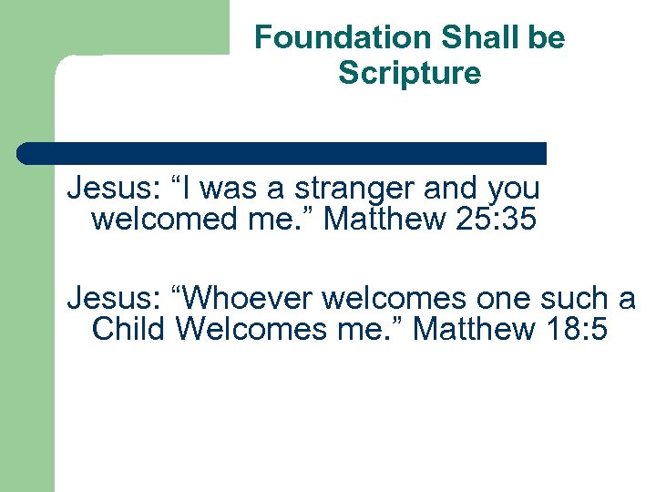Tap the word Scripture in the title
(x=409, y=73)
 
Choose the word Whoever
(x=240, y=298)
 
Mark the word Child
(x=128, y=329)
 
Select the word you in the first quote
(x=514, y=189)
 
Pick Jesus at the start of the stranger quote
(x=108, y=189)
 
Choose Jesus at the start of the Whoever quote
(x=108, y=298)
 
